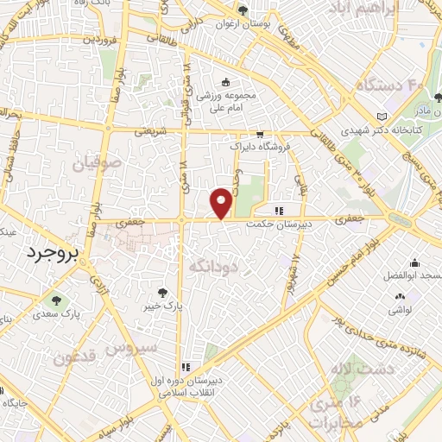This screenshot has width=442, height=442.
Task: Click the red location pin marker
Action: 222,202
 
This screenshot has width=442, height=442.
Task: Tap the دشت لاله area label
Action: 392,368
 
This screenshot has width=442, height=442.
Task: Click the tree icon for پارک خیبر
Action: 162,292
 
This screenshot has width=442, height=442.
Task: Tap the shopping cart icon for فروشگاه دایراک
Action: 260,135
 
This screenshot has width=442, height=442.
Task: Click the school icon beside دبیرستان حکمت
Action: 278,210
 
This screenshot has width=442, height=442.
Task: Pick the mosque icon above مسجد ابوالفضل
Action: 414,262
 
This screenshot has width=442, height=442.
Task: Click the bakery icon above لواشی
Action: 399,294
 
